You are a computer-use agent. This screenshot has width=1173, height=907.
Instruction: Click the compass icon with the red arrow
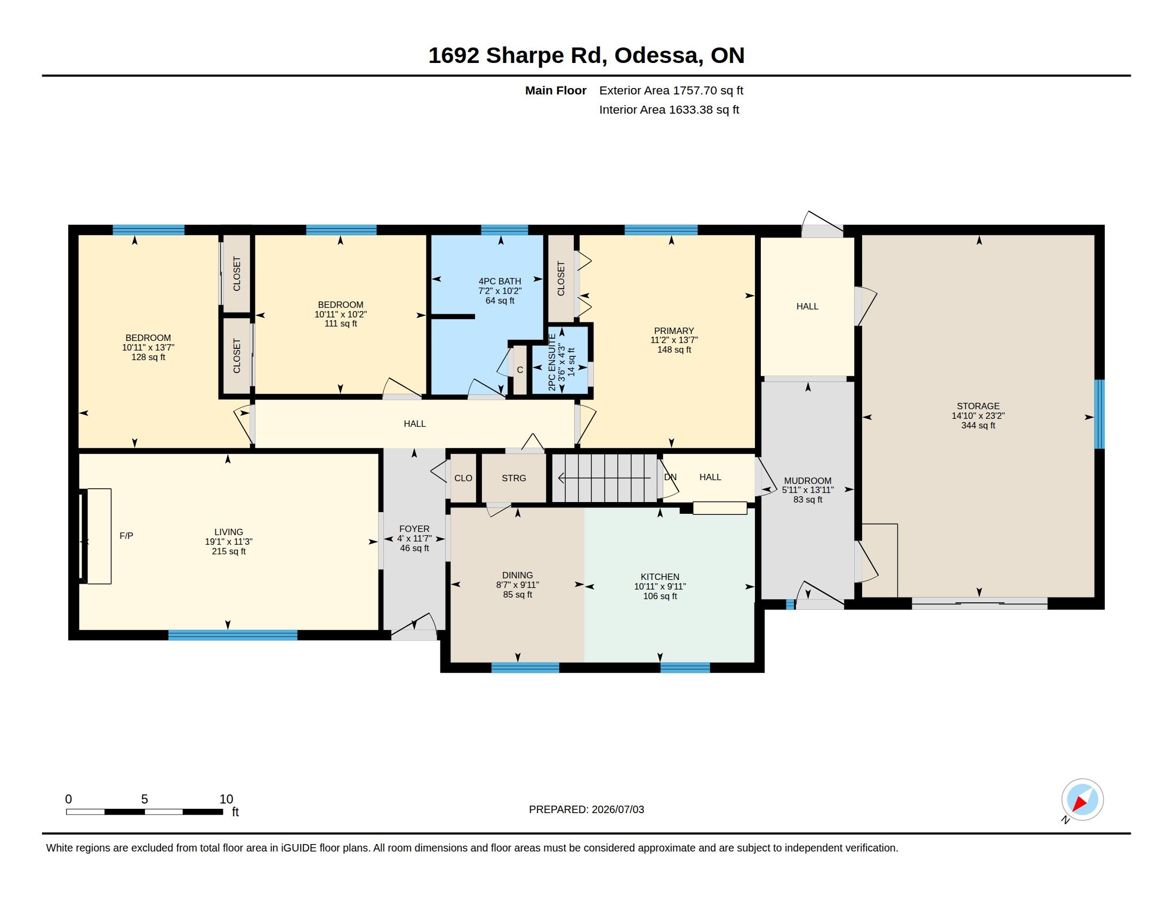pos(1082,800)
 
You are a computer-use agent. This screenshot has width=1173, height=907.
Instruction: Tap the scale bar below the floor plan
pos(144,811)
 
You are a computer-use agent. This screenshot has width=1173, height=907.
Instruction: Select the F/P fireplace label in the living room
pos(126,536)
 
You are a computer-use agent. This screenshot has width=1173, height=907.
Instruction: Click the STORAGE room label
pos(978,406)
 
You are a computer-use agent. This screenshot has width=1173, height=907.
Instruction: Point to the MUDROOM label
pos(808,481)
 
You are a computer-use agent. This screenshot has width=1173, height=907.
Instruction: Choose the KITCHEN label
pos(660,577)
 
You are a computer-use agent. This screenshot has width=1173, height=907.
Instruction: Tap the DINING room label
pos(518,575)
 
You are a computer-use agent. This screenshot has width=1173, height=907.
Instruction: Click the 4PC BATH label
pos(500,281)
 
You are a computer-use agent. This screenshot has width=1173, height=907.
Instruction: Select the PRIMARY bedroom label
pos(674,331)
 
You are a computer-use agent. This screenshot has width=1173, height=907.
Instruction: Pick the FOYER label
pos(415,529)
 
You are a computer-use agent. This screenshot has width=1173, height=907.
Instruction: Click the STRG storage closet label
pos(514,478)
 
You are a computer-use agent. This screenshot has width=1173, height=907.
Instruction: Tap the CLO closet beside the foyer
pos(463,478)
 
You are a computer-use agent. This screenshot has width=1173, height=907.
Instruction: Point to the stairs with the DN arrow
pos(605,478)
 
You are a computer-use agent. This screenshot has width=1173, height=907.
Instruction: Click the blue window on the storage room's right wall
pos(1099,414)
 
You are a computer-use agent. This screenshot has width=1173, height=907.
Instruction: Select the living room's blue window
pos(232,634)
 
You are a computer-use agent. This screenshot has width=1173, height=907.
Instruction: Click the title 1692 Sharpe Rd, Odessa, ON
pos(586,55)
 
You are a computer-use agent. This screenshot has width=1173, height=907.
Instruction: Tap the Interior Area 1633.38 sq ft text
pos(669,109)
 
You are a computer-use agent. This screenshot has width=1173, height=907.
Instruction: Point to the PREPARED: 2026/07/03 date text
pos(586,809)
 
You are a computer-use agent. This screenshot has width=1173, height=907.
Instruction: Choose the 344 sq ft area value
pos(978,426)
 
